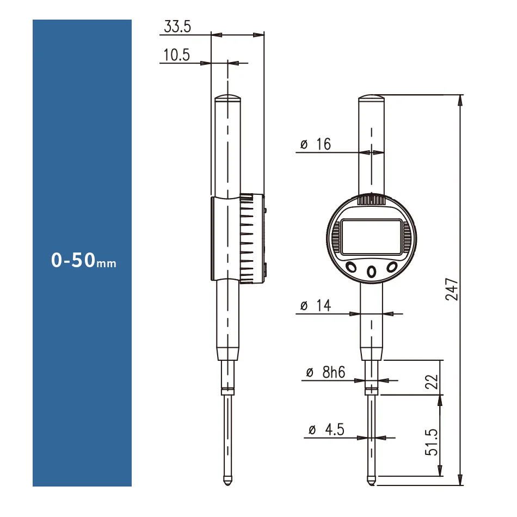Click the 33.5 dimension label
pyautogui.click(x=177, y=27)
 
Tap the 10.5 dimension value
pyautogui.click(x=177, y=55)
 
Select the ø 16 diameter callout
pyautogui.click(x=316, y=144)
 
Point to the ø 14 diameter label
pyautogui.click(x=316, y=305)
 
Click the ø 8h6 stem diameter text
pyautogui.click(x=325, y=372)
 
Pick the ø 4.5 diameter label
pyautogui.click(x=327, y=429)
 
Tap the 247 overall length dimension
pyautogui.click(x=452, y=289)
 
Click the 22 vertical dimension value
pyautogui.click(x=432, y=382)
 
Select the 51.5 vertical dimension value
pyautogui.click(x=431, y=442)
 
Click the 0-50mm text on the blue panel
pyautogui.click(x=84, y=260)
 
